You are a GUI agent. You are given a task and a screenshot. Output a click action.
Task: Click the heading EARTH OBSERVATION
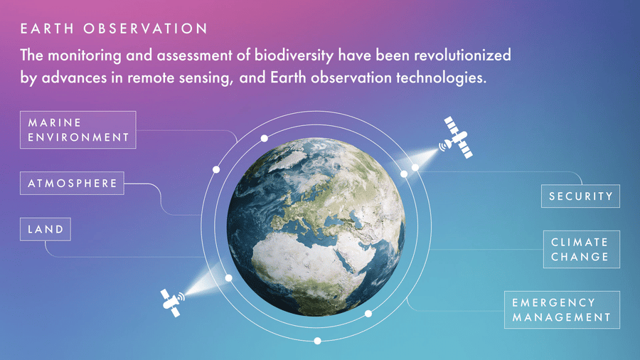click(114, 28)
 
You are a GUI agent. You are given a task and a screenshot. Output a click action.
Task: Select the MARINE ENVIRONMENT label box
click(78, 129)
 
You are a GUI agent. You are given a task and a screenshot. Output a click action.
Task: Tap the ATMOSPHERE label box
click(73, 184)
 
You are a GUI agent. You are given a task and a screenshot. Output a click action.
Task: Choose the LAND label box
click(46, 229)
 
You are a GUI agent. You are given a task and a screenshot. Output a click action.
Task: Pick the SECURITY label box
click(580, 196)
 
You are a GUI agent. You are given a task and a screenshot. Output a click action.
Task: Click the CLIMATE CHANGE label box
click(582, 250)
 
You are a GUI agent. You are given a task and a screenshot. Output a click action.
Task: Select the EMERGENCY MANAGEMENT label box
click(562, 309)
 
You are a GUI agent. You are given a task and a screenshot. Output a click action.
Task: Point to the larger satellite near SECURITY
click(457, 137)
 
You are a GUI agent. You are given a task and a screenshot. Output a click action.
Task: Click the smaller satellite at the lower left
click(173, 303)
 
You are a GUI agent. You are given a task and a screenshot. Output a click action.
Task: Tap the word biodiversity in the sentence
click(294, 55)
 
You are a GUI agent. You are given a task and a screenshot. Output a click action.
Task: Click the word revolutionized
click(462, 55)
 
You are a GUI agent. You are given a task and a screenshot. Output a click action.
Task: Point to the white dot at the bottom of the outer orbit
click(318, 341)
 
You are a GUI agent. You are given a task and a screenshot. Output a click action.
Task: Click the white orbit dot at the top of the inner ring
click(265, 138)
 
